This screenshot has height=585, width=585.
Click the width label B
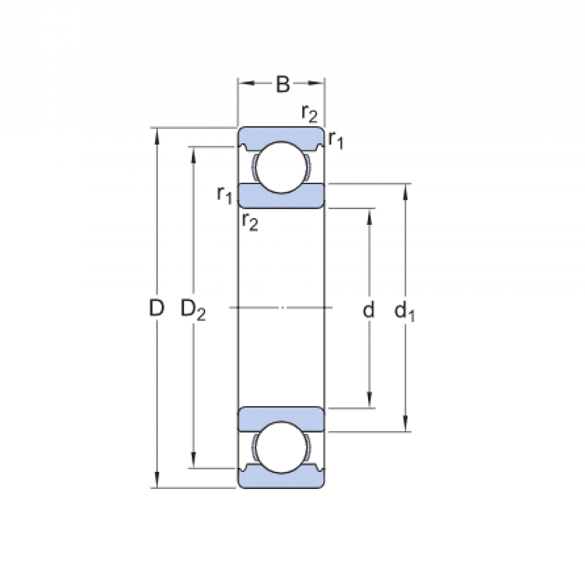pyautogui.click(x=283, y=84)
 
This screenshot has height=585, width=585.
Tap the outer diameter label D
pyautogui.click(x=156, y=308)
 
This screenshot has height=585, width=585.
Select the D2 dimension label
pyautogui.click(x=193, y=310)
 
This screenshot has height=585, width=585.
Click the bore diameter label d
pyautogui.click(x=369, y=310)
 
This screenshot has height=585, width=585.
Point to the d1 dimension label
pyautogui.click(x=404, y=311)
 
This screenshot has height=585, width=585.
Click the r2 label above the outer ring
pyautogui.click(x=310, y=114)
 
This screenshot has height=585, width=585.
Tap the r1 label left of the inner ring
pyautogui.click(x=225, y=195)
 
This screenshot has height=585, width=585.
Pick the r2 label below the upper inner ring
pyautogui.click(x=249, y=222)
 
